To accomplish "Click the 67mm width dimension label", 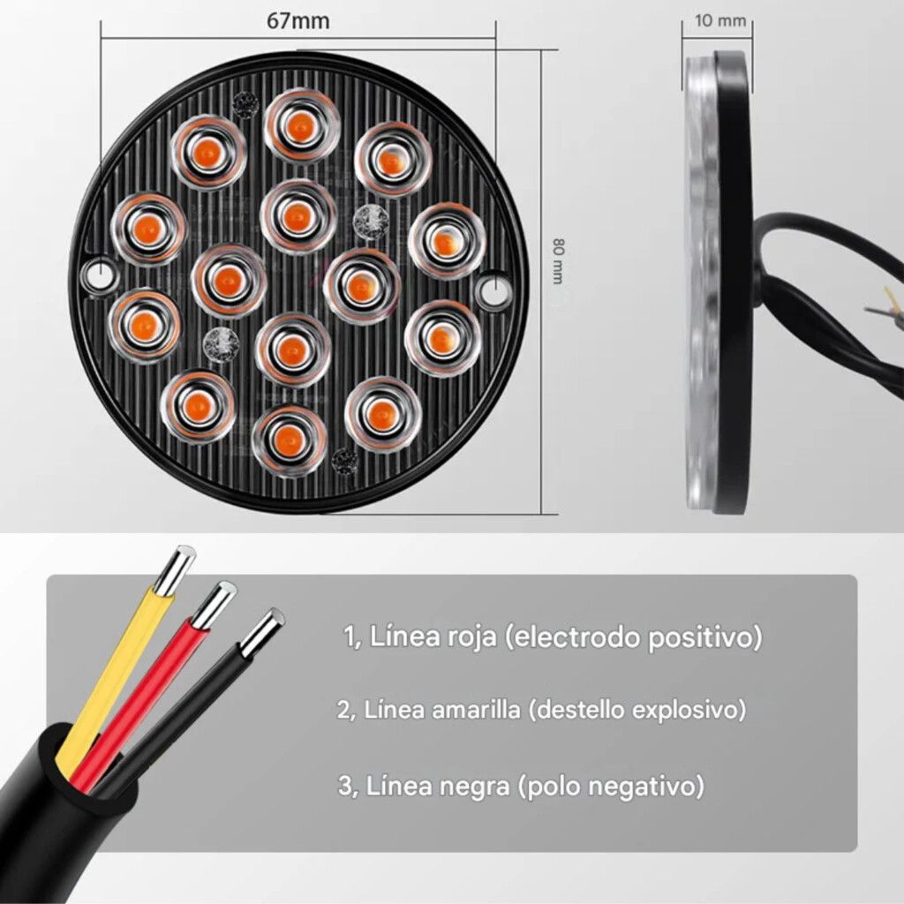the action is pos(298,21).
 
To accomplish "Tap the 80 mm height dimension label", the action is pos(558,260).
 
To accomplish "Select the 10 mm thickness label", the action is pos(720,21).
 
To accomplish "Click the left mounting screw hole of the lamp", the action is pos(102,275).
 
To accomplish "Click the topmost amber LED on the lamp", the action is pos(300,125).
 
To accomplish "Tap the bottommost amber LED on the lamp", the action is pos(289,441).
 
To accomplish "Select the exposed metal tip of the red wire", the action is pos(214,604).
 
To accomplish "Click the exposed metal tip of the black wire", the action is pos(262,633).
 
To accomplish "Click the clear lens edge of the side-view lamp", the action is pos(702,282).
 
